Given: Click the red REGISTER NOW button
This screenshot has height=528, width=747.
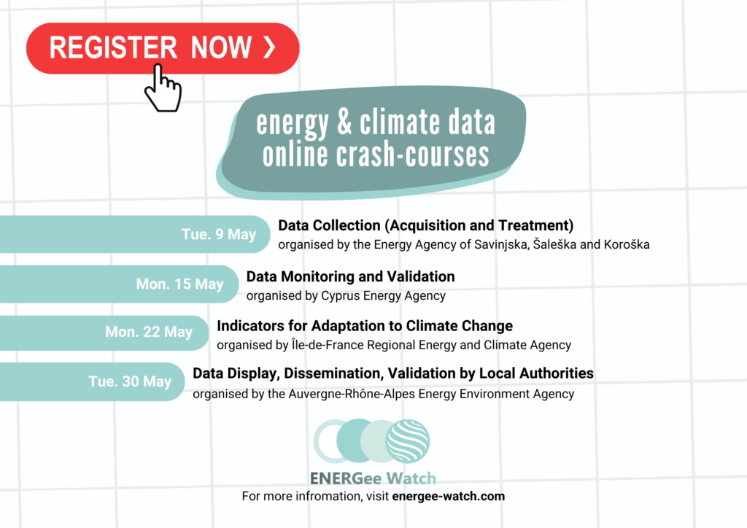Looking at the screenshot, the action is pyautogui.click(x=163, y=48).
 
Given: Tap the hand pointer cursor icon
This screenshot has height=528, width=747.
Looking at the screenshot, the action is pyautogui.click(x=163, y=88).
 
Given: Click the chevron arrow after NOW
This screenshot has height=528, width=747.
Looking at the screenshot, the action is pyautogui.click(x=270, y=47).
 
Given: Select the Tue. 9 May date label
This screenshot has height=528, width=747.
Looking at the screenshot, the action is pyautogui.click(x=219, y=234).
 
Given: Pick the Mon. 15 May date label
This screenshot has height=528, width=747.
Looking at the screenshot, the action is pyautogui.click(x=179, y=284).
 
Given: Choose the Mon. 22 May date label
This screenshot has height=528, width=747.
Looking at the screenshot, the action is pyautogui.click(x=149, y=332).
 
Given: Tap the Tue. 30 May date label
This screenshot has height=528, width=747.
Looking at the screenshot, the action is pyautogui.click(x=130, y=381).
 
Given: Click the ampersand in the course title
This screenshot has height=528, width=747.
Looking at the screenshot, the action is pyautogui.click(x=344, y=123).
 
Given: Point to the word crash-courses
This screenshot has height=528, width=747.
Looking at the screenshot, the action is pyautogui.click(x=413, y=155).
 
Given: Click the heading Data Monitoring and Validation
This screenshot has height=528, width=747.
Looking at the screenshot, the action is pyautogui.click(x=351, y=276).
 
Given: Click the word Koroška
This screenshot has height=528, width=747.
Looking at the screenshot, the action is pyautogui.click(x=627, y=244).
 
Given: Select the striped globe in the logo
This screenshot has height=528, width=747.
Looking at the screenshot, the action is pyautogui.click(x=408, y=441).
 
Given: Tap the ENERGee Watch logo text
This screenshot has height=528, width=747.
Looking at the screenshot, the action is pyautogui.click(x=373, y=478).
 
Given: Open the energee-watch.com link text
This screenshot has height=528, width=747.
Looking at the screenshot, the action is pyautogui.click(x=449, y=496).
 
